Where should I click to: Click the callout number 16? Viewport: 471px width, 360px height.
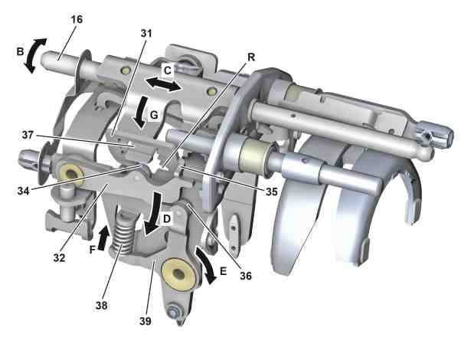77,19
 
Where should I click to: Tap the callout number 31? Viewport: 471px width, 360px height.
146,34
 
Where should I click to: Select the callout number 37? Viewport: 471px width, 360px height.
28,135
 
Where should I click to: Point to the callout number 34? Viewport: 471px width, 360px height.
24,191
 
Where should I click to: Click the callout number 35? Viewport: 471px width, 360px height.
272,191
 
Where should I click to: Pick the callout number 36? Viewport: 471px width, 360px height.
246,276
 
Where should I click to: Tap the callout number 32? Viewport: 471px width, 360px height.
59,257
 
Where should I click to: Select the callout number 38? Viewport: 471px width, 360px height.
102,306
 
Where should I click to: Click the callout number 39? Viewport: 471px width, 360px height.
146,321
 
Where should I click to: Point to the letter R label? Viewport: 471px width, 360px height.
251,57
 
